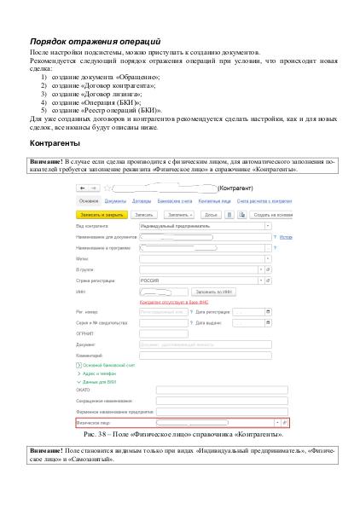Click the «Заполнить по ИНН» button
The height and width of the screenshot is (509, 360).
click(x=215, y=291)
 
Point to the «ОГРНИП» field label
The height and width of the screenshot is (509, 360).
click(x=85, y=333)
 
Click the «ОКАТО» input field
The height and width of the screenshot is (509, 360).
click(x=217, y=390)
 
